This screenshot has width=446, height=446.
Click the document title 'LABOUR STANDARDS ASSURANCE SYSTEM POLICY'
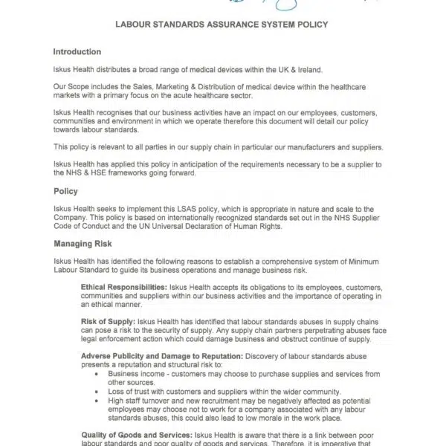click(x=222, y=24)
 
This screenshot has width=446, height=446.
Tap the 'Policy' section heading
click(x=66, y=191)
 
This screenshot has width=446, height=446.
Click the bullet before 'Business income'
click(x=99, y=373)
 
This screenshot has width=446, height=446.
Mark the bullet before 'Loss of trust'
click(x=99, y=391)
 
